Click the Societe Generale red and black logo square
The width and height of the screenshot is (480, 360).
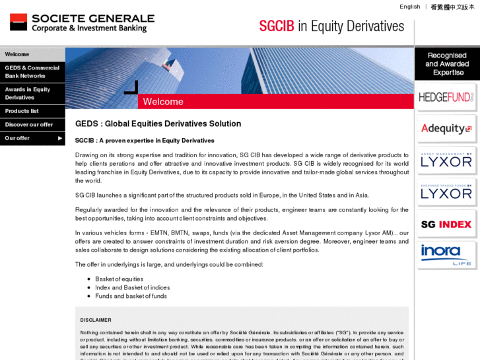pos(18,22)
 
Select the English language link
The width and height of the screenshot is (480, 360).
pos(409,7)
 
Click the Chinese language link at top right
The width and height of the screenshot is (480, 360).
pos(452,7)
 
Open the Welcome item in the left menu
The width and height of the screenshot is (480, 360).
pos(17,54)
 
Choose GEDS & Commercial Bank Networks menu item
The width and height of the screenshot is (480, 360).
pos(32,72)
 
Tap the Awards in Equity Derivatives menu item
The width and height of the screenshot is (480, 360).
pos(28,93)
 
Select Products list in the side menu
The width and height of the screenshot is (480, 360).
pos(22,111)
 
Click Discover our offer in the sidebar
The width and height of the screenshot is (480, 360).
pos(29,124)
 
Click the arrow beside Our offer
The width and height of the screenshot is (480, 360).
pos(60,138)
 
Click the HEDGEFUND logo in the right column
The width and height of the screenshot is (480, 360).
pos(446,97)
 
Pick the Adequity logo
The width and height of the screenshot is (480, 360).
pos(446,129)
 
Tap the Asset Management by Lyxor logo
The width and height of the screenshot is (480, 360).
pos(446,161)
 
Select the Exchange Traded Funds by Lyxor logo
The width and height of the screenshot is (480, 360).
pos(446,192)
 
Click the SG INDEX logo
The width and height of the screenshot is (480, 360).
pos(446,224)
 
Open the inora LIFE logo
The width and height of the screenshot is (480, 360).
pos(446,255)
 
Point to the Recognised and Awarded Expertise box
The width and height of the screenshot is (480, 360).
pos(447,64)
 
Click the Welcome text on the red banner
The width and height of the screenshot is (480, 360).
pos(163,102)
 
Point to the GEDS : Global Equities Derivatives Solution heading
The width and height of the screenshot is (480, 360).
pos(158,124)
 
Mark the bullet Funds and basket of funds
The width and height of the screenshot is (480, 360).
pos(121,296)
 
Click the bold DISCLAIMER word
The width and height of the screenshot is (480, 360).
pos(96,320)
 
